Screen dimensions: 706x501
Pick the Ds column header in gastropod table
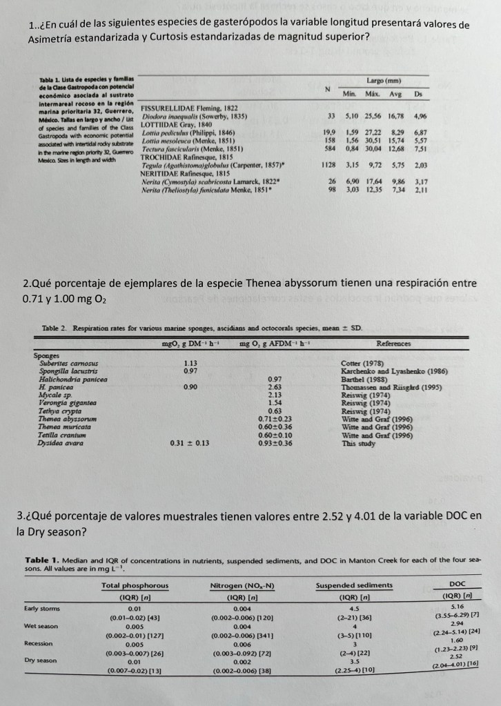418,93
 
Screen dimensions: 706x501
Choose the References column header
393,343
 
